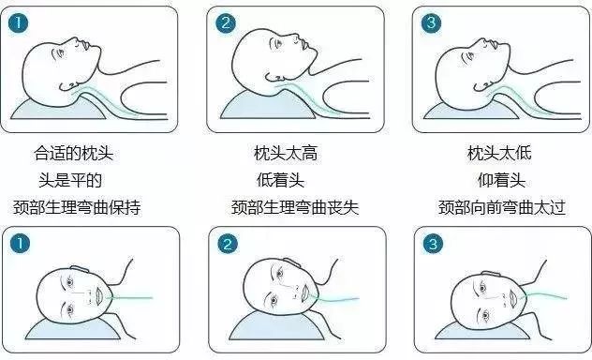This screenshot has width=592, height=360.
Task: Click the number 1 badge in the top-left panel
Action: tap(18, 23)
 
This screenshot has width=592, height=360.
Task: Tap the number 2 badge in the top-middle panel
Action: tap(226, 23)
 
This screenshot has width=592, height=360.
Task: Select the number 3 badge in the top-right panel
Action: tap(431, 23)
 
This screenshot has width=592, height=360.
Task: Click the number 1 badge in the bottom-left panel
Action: tap(20, 244)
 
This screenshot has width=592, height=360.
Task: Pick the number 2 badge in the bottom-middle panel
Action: tap(228, 244)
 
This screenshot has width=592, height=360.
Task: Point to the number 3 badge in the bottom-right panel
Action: tap(433, 244)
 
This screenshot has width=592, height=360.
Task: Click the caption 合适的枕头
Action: tap(74, 154)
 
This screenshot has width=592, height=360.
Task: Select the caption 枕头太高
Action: tap(286, 154)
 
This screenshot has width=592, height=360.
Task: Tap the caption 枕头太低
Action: tap(499, 154)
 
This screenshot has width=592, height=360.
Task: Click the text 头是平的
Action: tap(70, 180)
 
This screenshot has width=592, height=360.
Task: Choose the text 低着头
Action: tap(280, 180)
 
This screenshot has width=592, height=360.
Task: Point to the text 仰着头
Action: tap(501, 180)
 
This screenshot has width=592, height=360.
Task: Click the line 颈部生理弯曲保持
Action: tap(77, 207)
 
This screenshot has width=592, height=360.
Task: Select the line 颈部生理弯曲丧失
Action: tap(295, 207)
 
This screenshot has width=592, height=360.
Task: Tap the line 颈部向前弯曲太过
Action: tap(502, 207)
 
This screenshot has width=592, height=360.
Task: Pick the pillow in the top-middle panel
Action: tap(267, 107)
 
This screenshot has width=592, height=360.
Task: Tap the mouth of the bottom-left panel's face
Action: tap(99, 296)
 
